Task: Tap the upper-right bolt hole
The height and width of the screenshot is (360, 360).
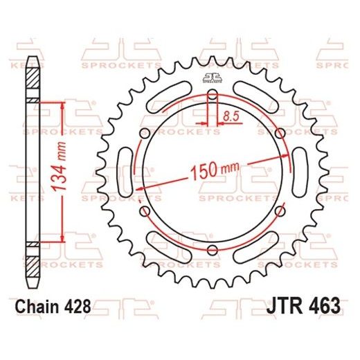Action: point(279,132)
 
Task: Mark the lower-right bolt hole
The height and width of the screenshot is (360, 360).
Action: point(279,210)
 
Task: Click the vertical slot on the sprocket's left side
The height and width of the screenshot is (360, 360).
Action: point(127,171)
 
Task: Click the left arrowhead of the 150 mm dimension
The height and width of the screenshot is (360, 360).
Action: point(140,186)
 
